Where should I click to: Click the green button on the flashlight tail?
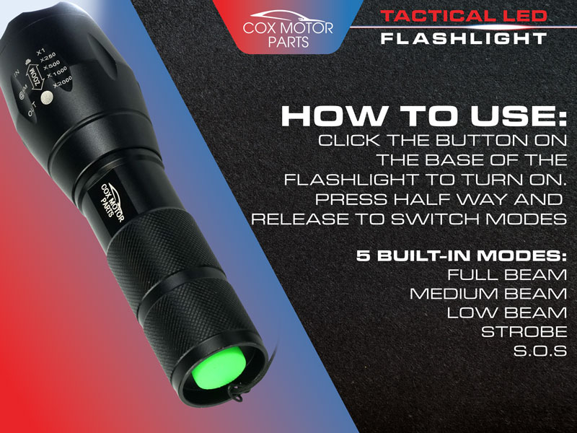click(219, 368)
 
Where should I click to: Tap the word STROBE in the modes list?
click(524, 332)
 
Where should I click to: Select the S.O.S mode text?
click(540, 351)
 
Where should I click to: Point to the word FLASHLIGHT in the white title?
click(464, 38)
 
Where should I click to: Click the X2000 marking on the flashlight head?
click(62, 82)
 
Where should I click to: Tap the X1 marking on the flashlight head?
click(40, 51)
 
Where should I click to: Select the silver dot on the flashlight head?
click(47, 97)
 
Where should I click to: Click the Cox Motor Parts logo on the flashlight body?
click(113, 202)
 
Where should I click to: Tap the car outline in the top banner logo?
click(288, 17)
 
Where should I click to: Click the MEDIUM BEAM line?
click(488, 294)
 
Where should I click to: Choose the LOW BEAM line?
click(507, 313)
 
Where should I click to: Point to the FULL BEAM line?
click(507, 275)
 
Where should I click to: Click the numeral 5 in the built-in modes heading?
click(364, 255)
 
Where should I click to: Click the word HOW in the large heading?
click(333, 116)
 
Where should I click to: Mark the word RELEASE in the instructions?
click(300, 219)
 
